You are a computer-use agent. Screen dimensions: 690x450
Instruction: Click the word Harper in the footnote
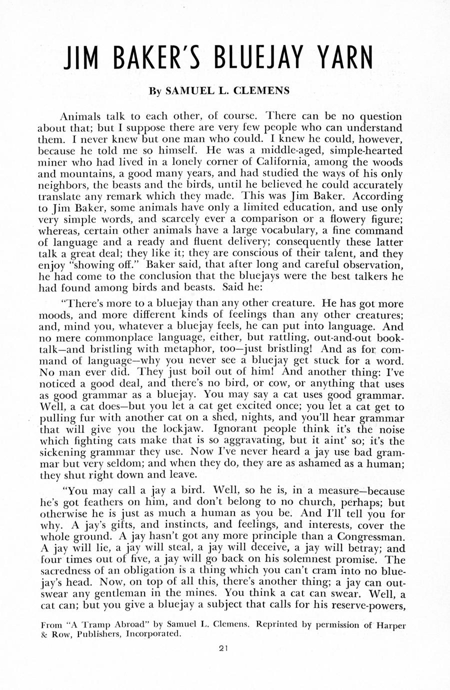coord(388,624)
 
